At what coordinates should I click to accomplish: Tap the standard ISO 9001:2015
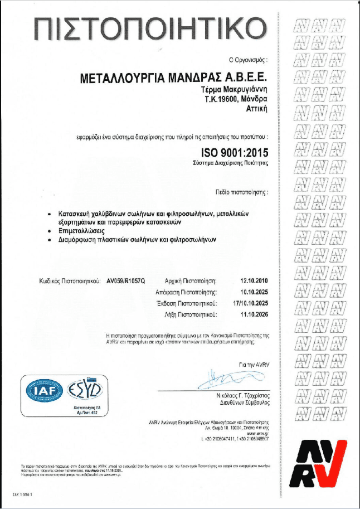coord(235,152)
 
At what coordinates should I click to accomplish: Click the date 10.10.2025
coord(254,292)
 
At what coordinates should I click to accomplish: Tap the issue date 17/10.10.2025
coord(250,303)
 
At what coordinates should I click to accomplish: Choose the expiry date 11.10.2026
coord(254,314)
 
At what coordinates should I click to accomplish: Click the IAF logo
coord(42,392)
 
